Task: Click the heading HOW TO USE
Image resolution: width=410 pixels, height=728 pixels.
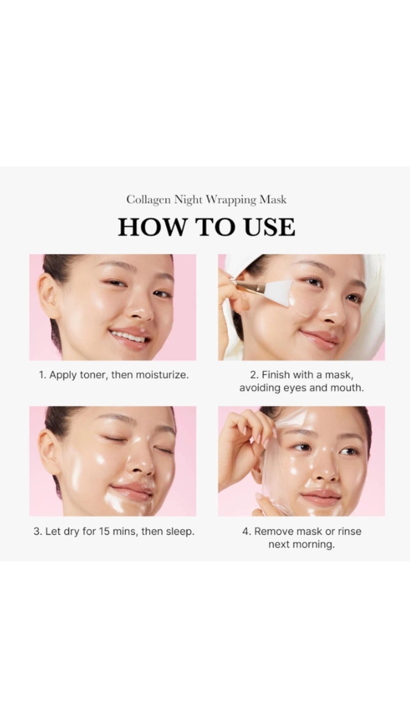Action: point(207,227)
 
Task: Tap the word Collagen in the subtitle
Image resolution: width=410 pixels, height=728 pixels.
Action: point(148,200)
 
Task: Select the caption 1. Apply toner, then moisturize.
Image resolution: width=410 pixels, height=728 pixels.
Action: point(114,375)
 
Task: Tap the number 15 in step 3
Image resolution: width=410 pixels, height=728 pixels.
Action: point(105,531)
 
